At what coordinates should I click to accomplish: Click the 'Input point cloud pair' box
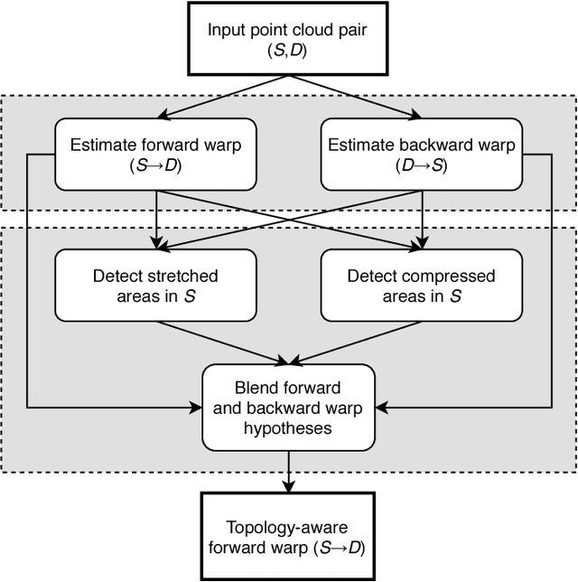pyautogui.click(x=288, y=37)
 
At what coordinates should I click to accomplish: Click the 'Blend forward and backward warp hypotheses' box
pyautogui.click(x=288, y=408)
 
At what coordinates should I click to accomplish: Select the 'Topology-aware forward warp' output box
pyautogui.click(x=288, y=535)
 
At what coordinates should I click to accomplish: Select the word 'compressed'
pyautogui.click(x=450, y=276)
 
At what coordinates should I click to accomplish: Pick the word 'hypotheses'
pyautogui.click(x=288, y=427)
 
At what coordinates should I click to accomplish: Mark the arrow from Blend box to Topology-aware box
pyautogui.click(x=288, y=471)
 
